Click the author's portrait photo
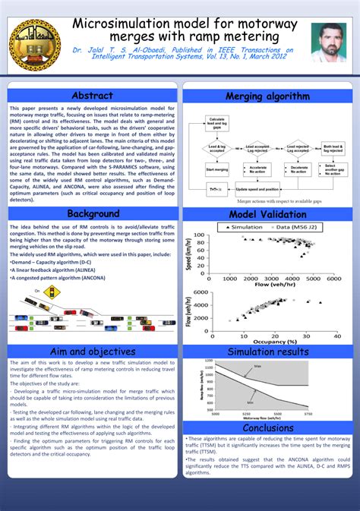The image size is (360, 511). pyautogui.click(x=328, y=43)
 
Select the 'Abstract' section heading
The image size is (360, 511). pyautogui.click(x=93, y=96)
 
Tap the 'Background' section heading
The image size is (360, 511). pyautogui.click(x=93, y=213)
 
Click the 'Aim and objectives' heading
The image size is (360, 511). pyautogui.click(x=93, y=352)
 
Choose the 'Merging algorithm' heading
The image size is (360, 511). pyautogui.click(x=267, y=96)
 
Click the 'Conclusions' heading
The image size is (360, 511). pyautogui.click(x=267, y=427)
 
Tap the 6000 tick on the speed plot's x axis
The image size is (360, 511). pyautogui.click(x=335, y=279)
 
